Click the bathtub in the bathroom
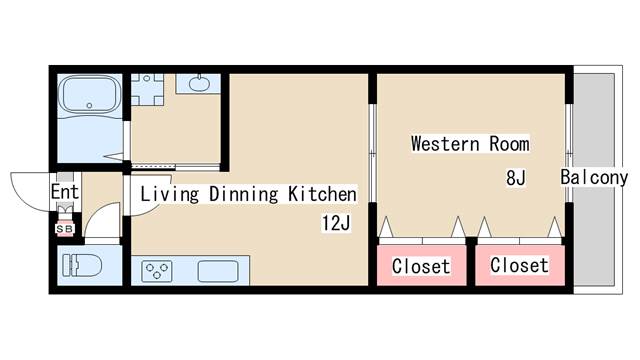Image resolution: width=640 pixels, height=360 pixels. click(x=89, y=94)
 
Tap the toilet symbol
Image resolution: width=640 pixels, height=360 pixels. click(x=82, y=265)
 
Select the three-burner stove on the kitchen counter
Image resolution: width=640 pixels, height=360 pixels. click(x=157, y=271)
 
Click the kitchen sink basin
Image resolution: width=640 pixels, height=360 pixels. click(x=218, y=271)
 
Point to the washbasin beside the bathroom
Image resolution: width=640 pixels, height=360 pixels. click(x=199, y=83)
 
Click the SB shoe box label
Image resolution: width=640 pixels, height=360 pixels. click(x=64, y=229)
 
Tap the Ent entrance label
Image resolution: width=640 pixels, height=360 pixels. click(x=64, y=192)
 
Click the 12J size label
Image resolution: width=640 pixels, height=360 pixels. click(x=336, y=223)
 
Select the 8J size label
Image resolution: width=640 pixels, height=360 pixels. click(x=516, y=178)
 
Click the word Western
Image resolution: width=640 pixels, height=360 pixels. click(x=445, y=144)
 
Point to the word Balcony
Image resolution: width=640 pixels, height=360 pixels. click(x=594, y=178)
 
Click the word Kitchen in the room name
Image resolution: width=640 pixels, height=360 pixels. click(x=322, y=194)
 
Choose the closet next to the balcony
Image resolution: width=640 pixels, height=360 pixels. click(x=520, y=265)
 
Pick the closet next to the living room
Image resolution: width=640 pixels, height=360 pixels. click(x=421, y=265)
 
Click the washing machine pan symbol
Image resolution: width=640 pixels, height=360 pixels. click(x=147, y=90)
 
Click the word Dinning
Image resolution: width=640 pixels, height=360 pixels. click(x=244, y=194)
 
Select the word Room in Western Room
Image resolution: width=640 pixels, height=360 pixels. click(x=509, y=144)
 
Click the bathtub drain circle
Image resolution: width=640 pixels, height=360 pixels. click(x=89, y=106)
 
